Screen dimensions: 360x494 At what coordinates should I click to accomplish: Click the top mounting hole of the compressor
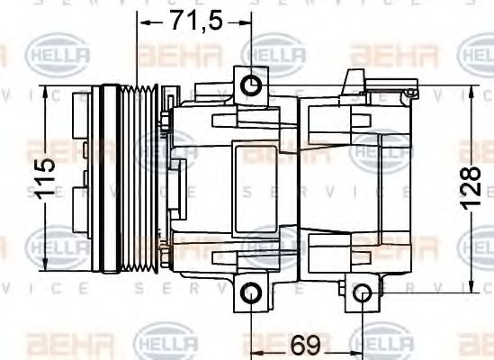coord(252,85)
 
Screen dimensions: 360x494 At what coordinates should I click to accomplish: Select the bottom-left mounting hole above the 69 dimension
coord(252,293)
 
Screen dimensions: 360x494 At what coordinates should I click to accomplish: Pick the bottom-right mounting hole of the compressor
coord(361,293)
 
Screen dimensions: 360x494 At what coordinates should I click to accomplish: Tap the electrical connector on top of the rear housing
coord(391,87)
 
